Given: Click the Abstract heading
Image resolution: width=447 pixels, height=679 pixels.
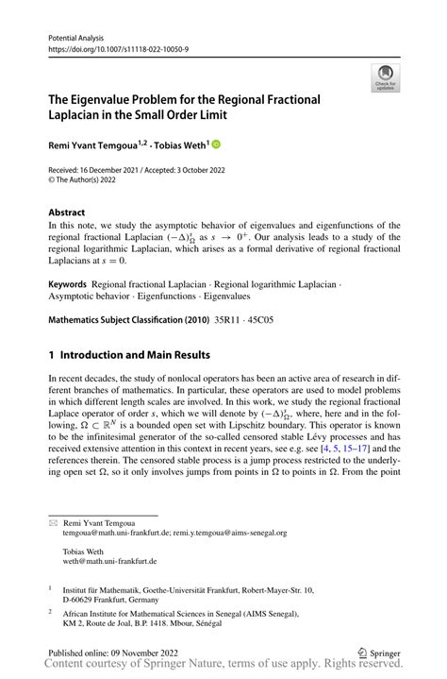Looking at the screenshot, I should (67, 212).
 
